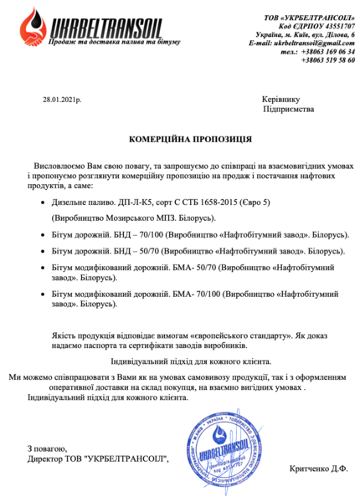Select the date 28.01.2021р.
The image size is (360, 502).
61,99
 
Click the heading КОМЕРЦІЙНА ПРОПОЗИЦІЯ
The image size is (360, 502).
180,136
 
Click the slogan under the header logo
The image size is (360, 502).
99,42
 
